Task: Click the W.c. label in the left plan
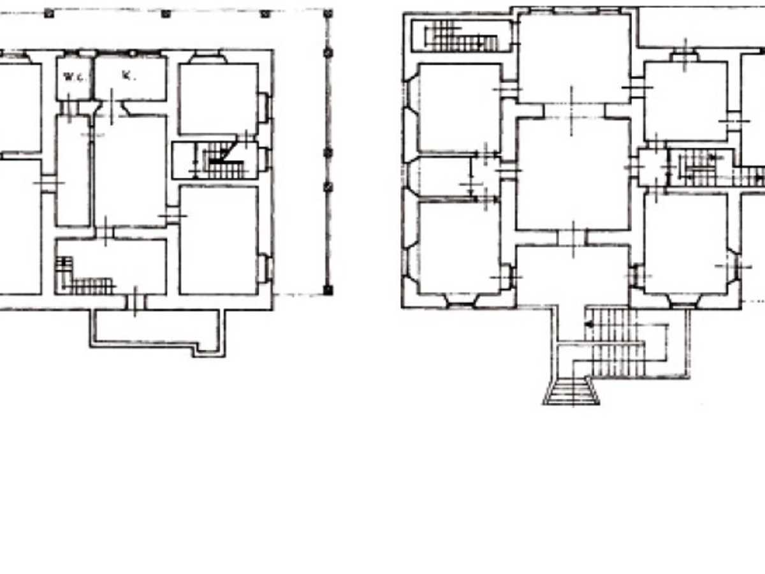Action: [74, 77]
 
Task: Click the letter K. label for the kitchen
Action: [129, 75]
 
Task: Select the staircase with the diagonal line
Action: [222, 160]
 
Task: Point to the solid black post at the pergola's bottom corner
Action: [328, 290]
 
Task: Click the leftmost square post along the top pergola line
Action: [49, 13]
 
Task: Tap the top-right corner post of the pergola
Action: [328, 13]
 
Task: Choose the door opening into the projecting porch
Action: [136, 302]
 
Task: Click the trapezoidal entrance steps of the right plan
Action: [571, 392]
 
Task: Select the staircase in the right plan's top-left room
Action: [461, 36]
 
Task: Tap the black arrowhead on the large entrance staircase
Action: [589, 325]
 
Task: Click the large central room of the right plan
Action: [573, 173]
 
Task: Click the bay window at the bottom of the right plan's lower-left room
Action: [461, 302]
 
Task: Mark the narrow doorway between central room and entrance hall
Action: [572, 238]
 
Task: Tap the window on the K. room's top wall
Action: [133, 54]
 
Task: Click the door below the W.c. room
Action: [69, 108]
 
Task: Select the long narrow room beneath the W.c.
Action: [73, 171]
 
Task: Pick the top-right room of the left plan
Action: [219, 99]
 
